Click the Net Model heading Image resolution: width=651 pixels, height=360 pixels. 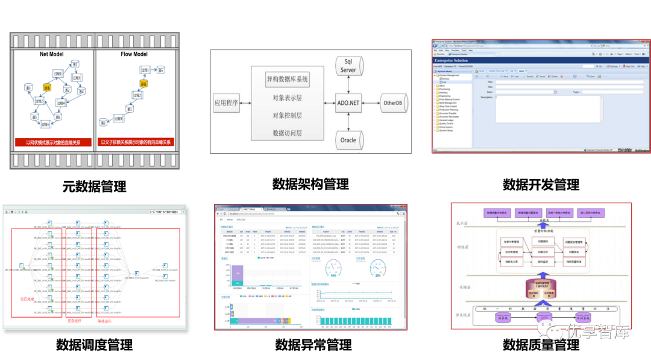(52, 54)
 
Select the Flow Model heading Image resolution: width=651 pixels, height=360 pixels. (134, 54)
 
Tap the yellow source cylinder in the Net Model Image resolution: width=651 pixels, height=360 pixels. (46, 87)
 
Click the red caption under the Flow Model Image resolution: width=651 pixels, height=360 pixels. (136, 142)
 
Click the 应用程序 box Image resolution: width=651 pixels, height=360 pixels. (227, 103)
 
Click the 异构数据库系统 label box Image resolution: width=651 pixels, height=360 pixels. (287, 79)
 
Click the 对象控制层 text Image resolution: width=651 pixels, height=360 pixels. (287, 115)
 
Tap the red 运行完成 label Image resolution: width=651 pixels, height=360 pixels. (28, 299)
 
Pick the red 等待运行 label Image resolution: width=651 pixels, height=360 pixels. (106, 321)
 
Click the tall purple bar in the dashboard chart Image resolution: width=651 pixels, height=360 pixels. (237, 274)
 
